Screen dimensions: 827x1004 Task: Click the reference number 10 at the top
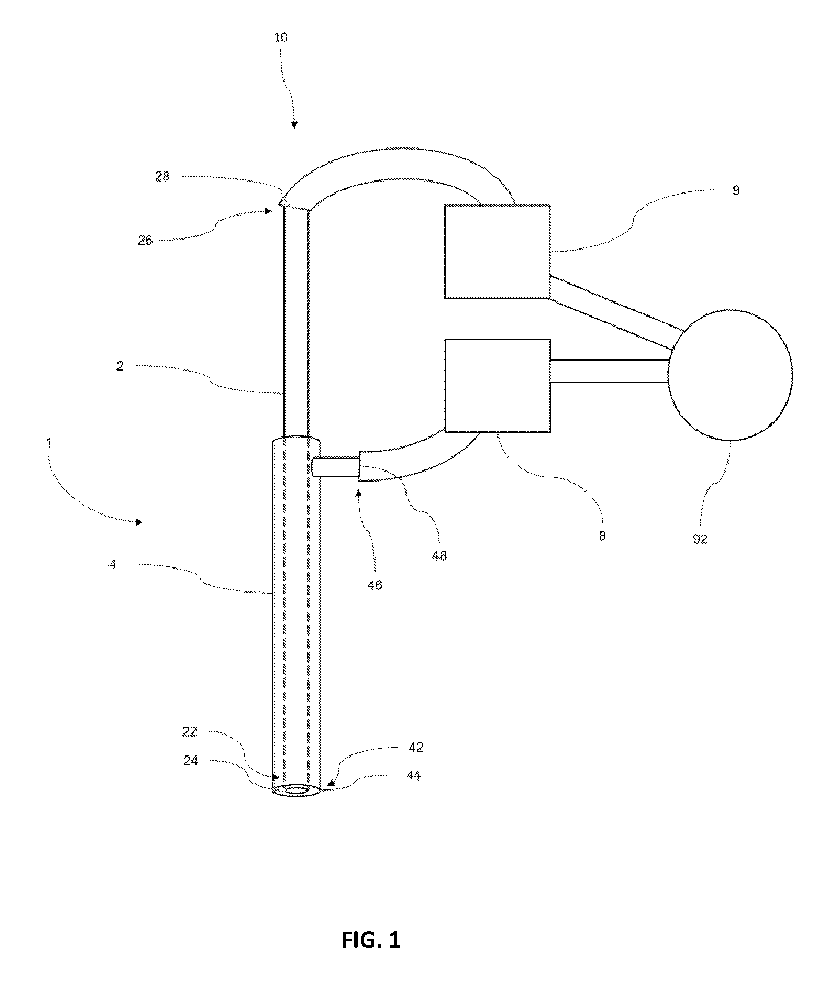280,37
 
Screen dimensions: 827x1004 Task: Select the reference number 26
145,241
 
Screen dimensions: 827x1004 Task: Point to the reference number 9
736,190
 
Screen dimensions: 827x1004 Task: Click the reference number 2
120,366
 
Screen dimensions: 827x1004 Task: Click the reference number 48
439,556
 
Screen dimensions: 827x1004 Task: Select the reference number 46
375,585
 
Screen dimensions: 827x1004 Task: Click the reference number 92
700,540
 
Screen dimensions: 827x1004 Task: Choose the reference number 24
190,761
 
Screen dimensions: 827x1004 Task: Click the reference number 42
416,748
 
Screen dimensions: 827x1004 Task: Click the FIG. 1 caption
371,941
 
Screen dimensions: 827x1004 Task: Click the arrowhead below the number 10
295,125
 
